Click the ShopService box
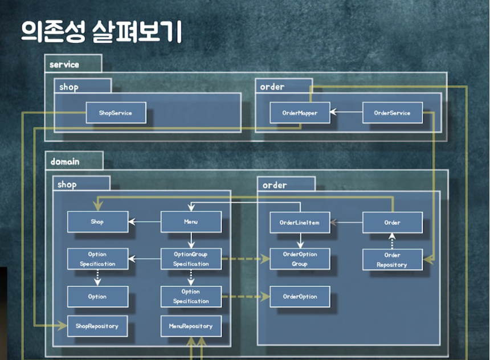pos(116,113)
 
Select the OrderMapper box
pos(300,113)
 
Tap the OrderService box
pos(393,113)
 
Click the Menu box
pos(190,222)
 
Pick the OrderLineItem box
pos(300,222)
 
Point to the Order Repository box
pos(393,260)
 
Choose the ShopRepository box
pos(97,326)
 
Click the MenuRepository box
pos(190,326)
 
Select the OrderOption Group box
pos(300,259)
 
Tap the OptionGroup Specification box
pos(190,259)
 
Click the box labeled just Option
pos(97,297)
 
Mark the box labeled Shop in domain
pos(97,222)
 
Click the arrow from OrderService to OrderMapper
pos(346,113)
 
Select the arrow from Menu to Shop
pos(144,222)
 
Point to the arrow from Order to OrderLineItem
pos(346,222)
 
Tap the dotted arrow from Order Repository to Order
pos(393,241)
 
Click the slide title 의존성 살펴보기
pos(101,32)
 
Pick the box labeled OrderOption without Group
pos(300,297)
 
